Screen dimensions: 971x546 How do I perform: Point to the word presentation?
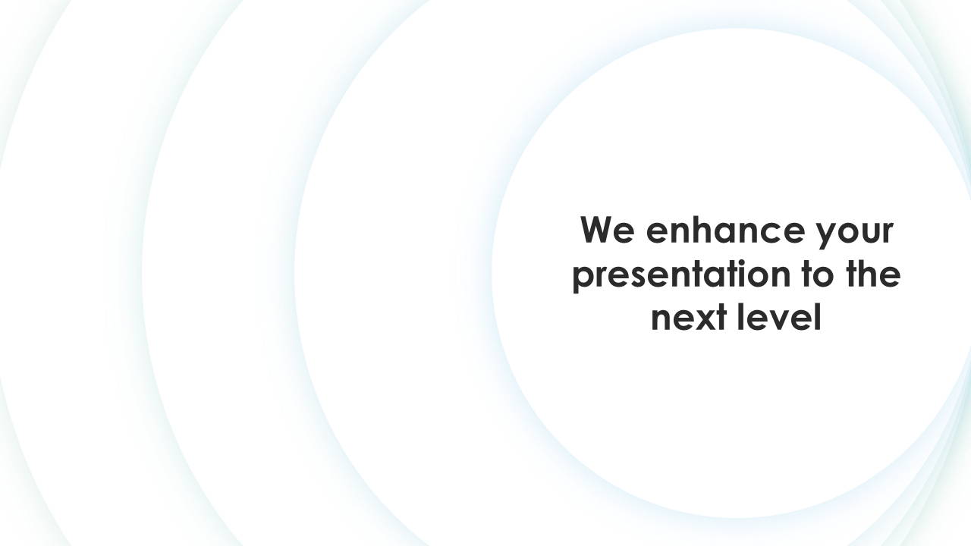pyautogui.click(x=681, y=275)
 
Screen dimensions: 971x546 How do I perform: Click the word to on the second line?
pyautogui.click(x=818, y=274)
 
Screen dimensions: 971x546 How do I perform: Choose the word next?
pyautogui.click(x=689, y=318)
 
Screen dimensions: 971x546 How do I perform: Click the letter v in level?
pyautogui.click(x=779, y=320)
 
